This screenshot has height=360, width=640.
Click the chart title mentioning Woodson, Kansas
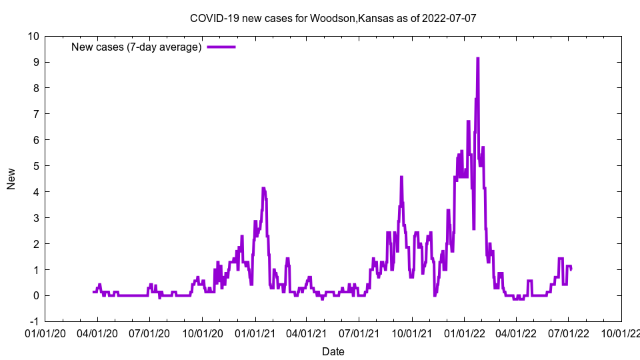333,18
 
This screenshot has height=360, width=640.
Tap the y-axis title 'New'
11,179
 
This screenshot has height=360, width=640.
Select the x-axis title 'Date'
333,351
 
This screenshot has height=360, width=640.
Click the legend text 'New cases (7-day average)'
137,47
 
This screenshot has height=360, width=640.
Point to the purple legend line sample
221,47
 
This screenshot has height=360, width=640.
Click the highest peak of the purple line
477,59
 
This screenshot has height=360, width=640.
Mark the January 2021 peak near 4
263,189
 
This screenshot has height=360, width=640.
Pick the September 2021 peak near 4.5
401,177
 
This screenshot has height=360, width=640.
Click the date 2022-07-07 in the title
449,18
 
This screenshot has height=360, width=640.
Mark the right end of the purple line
571,269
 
